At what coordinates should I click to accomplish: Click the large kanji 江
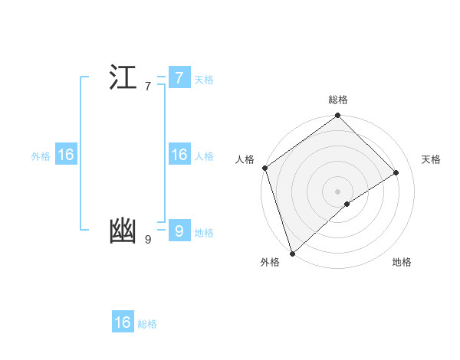point(123,78)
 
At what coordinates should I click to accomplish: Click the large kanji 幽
point(123,231)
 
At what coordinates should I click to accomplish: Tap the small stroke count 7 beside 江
point(147,87)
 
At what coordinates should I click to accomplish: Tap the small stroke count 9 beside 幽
point(147,240)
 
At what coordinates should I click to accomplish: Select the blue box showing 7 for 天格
point(179,78)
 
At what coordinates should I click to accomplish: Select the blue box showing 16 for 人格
point(179,155)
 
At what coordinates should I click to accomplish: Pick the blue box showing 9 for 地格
point(179,231)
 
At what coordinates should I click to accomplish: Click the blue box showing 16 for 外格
point(66,155)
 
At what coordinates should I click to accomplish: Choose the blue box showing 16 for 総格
point(123,322)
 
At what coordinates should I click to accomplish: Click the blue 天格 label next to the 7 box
point(204,80)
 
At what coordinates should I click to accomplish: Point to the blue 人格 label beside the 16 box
point(204,156)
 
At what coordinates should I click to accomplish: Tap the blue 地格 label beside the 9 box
point(204,233)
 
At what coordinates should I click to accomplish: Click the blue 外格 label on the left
point(41,156)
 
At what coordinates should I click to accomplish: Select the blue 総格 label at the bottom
point(147,324)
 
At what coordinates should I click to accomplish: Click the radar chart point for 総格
point(338,116)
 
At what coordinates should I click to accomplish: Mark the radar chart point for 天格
point(396,172)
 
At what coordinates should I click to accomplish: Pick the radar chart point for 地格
point(347,204)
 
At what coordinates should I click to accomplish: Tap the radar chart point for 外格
point(292,253)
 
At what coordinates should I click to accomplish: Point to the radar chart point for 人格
point(264,168)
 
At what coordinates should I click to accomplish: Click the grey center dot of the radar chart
point(337,191)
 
